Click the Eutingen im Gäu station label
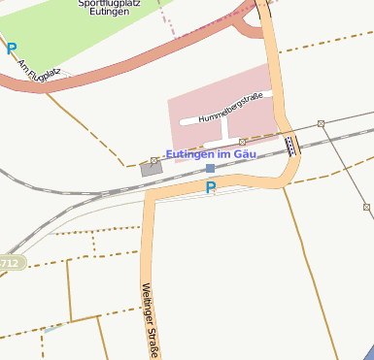coord(211,154)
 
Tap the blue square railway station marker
coord(210,168)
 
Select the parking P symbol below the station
coord(210,187)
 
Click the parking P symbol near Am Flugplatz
coord(11,47)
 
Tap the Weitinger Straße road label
coord(150,318)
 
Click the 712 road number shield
coord(10,262)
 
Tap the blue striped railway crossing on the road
coord(291,146)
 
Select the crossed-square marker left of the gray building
coord(153,160)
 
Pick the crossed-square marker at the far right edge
coord(366,207)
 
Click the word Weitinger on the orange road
coord(148,303)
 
